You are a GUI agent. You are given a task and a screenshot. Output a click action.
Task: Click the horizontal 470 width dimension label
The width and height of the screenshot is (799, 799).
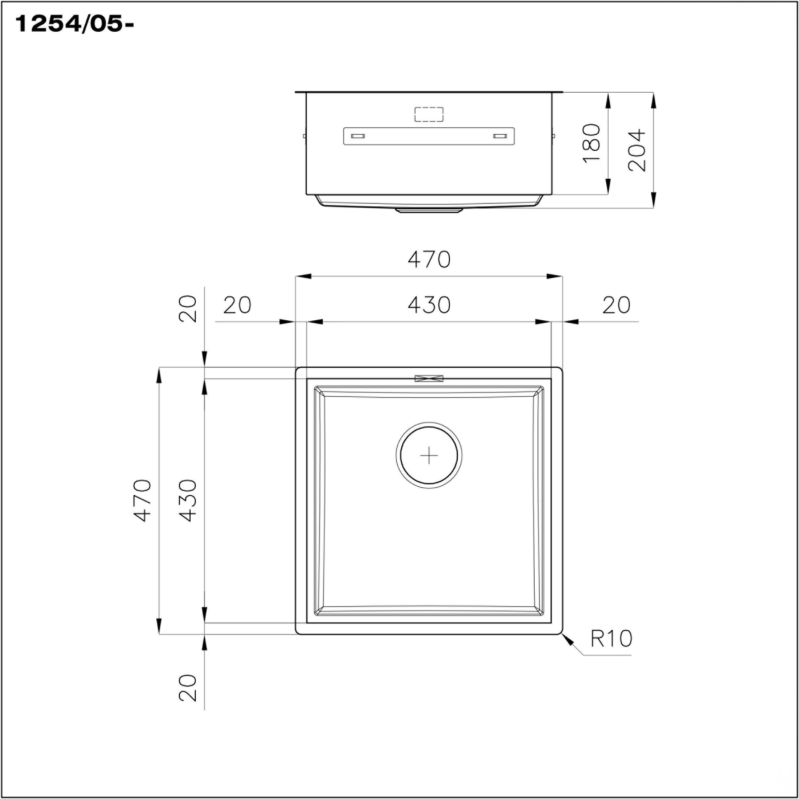tap(429, 260)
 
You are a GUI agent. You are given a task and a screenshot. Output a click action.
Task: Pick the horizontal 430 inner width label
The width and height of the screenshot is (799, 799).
tap(429, 305)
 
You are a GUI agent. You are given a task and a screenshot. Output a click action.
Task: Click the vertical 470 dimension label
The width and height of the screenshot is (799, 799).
tap(143, 500)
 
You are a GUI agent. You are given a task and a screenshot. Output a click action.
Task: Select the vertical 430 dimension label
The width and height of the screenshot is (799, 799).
tap(188, 500)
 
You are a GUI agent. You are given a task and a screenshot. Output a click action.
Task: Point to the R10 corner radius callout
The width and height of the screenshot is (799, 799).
tap(611, 638)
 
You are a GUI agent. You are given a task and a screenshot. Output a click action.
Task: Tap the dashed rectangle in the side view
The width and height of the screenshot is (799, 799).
tap(429, 114)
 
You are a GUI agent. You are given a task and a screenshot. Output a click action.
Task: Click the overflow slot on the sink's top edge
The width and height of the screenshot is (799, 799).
tap(429, 378)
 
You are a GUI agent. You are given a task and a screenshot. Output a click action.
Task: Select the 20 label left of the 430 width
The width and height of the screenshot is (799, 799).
tap(237, 305)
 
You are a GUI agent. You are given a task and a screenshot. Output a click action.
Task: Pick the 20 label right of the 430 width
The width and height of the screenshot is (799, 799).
tap(616, 305)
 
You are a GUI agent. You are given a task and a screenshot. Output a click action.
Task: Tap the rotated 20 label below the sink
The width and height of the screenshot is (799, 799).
tap(188, 688)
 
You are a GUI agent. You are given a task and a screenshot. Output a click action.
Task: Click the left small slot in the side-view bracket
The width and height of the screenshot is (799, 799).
tap(358, 136)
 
